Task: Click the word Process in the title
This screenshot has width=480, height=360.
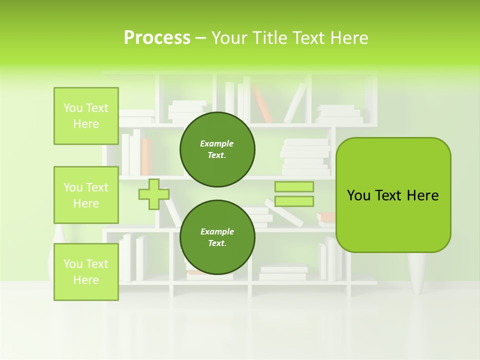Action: coord(157,38)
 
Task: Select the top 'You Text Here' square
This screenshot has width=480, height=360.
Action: coord(86,116)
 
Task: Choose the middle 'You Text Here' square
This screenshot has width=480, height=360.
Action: coord(86,195)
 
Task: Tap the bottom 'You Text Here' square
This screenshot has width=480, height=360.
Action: coord(86,271)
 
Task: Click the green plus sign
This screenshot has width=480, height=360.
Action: coord(154,194)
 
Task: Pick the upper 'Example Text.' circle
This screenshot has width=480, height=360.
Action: coord(217,149)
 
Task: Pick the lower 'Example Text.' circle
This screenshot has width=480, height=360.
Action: coord(217,237)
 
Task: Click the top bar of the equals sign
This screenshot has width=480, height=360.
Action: coord(294,187)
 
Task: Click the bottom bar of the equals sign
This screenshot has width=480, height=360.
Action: coord(294,201)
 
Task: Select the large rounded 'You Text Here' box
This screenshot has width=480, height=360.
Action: coord(393,195)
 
